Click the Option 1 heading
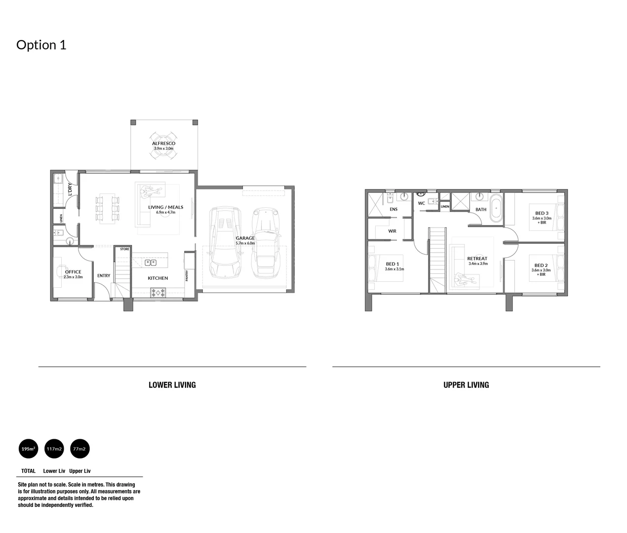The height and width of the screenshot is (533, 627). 41,45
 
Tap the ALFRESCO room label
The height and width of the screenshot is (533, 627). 163,144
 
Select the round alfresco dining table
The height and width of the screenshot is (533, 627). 163,153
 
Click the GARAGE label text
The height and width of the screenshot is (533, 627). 245,238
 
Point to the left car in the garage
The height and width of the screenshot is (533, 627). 226,242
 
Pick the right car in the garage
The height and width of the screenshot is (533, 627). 265,242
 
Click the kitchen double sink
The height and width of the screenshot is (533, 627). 151,263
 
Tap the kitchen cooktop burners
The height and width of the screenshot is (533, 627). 158,293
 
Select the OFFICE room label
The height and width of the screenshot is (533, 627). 73,272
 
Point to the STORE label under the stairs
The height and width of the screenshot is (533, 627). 124,249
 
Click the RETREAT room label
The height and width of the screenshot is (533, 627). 477,259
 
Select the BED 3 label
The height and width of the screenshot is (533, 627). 542,213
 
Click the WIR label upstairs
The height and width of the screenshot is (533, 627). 392,231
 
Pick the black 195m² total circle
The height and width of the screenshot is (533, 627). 28,449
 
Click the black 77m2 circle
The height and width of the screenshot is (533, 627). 79,449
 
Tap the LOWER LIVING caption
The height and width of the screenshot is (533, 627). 172,385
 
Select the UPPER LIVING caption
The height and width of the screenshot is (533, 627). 466,385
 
